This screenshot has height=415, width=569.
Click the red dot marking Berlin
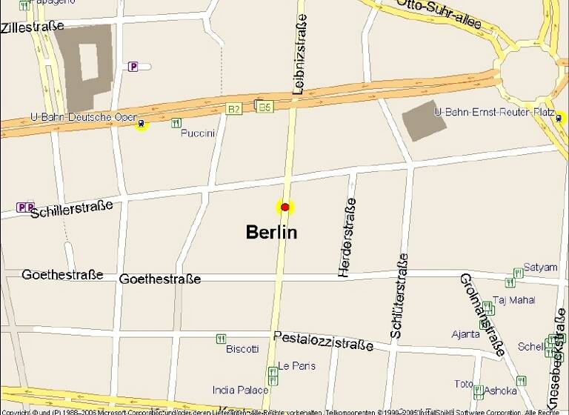[x=284, y=207]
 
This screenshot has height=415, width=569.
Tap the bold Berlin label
[x=271, y=232]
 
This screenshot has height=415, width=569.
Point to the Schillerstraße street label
[x=72, y=208]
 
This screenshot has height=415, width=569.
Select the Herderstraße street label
[x=347, y=237]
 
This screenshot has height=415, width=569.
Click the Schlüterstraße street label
[x=399, y=296]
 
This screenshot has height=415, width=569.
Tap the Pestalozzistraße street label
[x=323, y=341]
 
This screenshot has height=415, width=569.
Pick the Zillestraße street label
[x=33, y=27]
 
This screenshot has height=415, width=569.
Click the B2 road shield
[x=234, y=109]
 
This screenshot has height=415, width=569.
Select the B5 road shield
[x=264, y=107]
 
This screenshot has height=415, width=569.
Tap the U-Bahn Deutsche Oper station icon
[x=141, y=124]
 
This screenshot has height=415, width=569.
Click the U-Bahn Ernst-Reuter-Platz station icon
[x=558, y=117]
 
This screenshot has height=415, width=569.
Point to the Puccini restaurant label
[x=198, y=133]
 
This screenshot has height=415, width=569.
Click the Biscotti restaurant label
[x=242, y=348]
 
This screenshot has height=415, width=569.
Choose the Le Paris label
[x=296, y=366]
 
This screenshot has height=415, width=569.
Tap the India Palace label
[x=240, y=390]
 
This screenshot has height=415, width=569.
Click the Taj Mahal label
[x=513, y=300]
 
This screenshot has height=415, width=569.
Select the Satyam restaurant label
[x=540, y=267]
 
